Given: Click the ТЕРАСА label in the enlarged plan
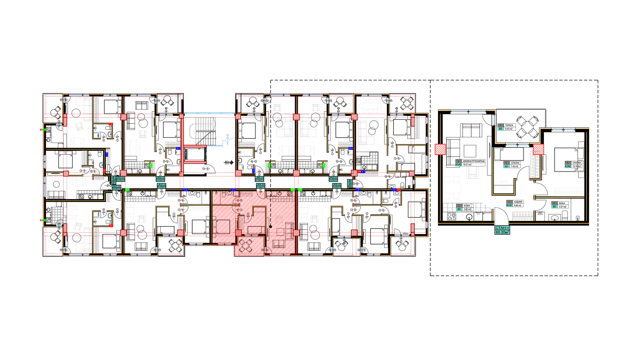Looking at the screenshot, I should click(509, 125).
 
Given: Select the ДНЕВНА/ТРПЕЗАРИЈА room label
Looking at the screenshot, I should click(473, 161).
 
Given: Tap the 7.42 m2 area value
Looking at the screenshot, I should click(515, 166).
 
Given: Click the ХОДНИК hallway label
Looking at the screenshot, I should click(518, 202).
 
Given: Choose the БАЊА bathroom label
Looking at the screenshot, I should click(562, 203).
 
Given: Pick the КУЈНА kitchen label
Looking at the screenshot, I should click(467, 206).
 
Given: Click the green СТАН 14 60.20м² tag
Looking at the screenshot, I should click(502, 230).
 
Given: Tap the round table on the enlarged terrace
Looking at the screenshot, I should click(527, 127).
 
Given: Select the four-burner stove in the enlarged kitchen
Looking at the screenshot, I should click(451, 216).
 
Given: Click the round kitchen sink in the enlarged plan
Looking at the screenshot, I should click(469, 217).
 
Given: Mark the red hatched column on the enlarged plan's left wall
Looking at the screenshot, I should click(440, 149).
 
